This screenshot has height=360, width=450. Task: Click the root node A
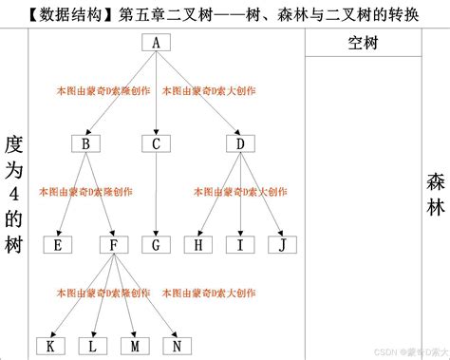pyautogui.click(x=156, y=43)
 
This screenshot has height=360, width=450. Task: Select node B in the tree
pyautogui.click(x=86, y=143)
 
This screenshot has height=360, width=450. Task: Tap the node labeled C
pyautogui.click(x=156, y=143)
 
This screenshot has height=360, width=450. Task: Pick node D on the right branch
pyautogui.click(x=240, y=143)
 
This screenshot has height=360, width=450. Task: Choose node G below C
pyautogui.click(x=156, y=244)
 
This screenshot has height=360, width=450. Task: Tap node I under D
pyautogui.click(x=240, y=244)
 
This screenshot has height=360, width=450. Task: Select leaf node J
pyautogui.click(x=281, y=244)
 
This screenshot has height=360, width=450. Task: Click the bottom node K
pyautogui.click(x=50, y=345)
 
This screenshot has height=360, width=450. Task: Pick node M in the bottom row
pyautogui.click(x=135, y=345)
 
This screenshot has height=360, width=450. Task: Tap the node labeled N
pyautogui.click(x=177, y=345)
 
